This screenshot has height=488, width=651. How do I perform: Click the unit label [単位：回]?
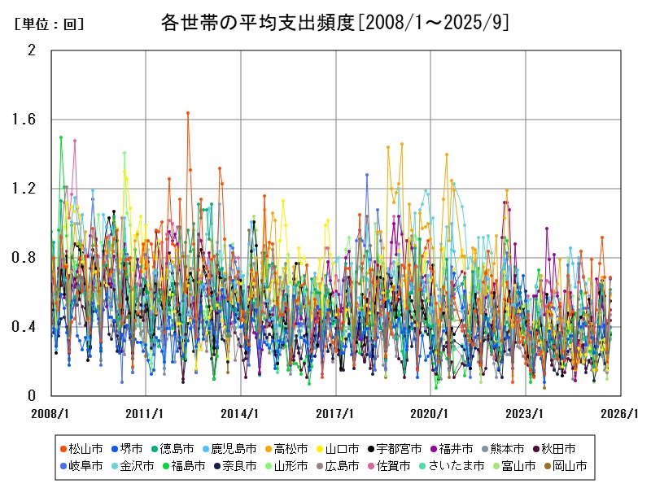coord(49,24)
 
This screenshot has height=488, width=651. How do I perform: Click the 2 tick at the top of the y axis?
coord(32,50)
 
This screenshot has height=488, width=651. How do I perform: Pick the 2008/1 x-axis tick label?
coord(51,413)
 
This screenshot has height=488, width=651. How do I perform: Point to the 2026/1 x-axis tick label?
coord(621,413)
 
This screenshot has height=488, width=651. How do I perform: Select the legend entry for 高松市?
coord(286,448)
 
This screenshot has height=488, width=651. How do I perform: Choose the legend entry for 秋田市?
coord(558,448)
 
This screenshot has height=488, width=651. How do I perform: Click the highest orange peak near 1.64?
coord(188,113)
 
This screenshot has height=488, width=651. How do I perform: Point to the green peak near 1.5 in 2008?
coord(61,137)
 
